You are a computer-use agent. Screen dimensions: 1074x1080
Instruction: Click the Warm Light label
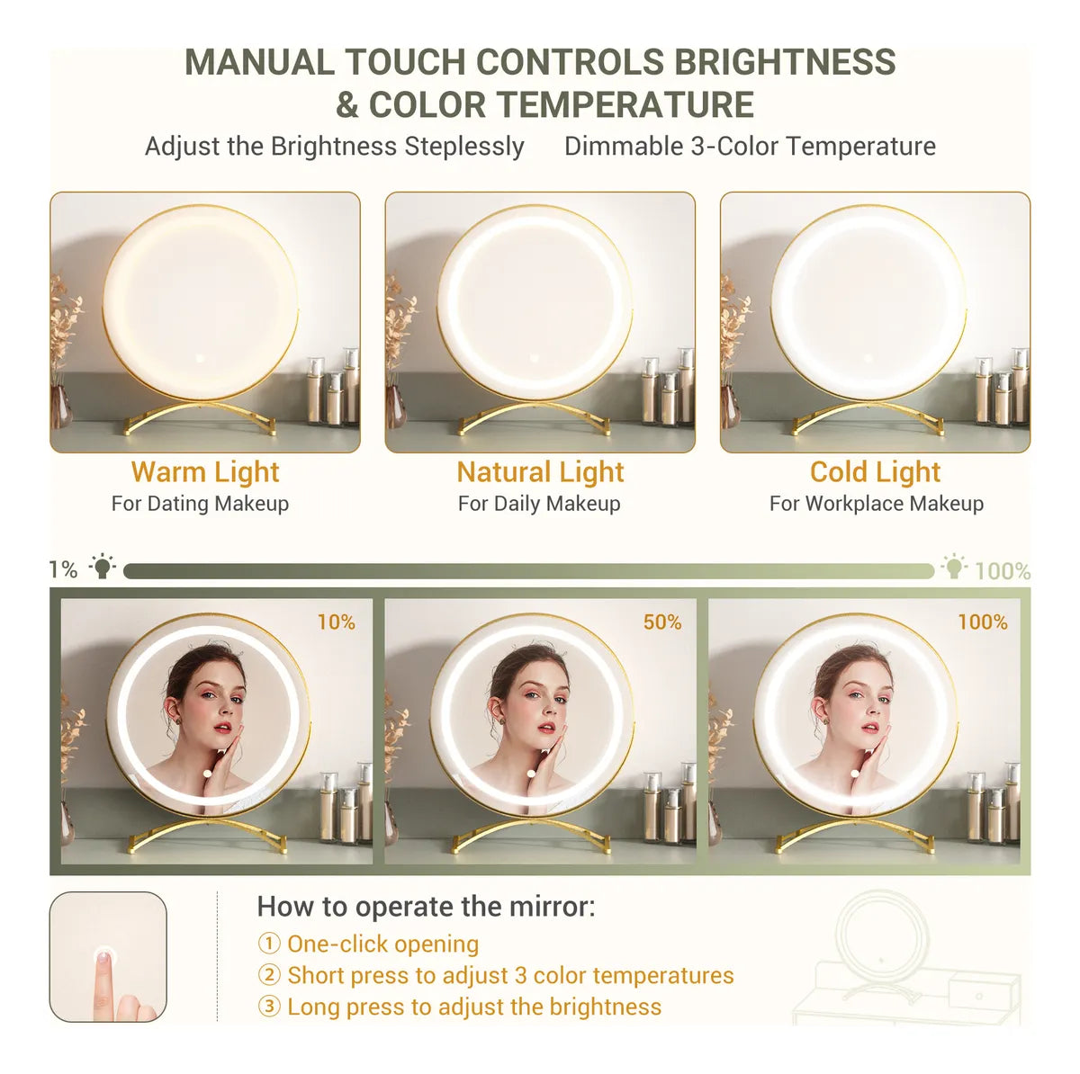pyautogui.click(x=205, y=472)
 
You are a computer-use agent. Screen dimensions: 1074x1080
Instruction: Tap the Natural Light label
pyautogui.click(x=540, y=472)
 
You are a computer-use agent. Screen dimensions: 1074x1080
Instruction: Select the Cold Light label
pyautogui.click(x=875, y=472)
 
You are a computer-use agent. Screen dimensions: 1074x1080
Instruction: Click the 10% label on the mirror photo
pyautogui.click(x=336, y=622)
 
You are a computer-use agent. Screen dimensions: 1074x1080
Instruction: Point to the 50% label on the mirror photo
pyautogui.click(x=661, y=622)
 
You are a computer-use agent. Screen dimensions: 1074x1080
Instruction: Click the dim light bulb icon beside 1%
pyautogui.click(x=103, y=568)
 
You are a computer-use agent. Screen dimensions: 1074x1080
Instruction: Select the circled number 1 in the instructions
pyautogui.click(x=269, y=944)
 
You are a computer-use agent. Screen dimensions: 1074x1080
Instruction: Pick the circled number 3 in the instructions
pyautogui.click(x=269, y=1007)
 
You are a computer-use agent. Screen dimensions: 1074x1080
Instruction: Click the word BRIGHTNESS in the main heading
pyautogui.click(x=785, y=62)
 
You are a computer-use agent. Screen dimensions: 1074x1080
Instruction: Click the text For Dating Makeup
pyautogui.click(x=200, y=504)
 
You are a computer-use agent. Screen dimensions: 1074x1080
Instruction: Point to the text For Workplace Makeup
pyautogui.click(x=876, y=504)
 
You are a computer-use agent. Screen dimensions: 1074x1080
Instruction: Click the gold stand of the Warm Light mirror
pyautogui.click(x=200, y=417)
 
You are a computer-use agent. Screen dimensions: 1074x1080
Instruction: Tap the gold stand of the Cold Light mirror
pyautogui.click(x=868, y=418)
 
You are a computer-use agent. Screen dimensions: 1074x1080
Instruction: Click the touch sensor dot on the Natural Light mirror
pyautogui.click(x=534, y=359)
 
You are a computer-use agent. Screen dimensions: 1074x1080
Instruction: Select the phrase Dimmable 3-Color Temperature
pyautogui.click(x=750, y=147)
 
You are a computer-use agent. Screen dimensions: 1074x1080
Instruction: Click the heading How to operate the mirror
pyautogui.click(x=426, y=907)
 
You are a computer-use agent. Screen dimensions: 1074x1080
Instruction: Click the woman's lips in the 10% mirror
pyautogui.click(x=221, y=727)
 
